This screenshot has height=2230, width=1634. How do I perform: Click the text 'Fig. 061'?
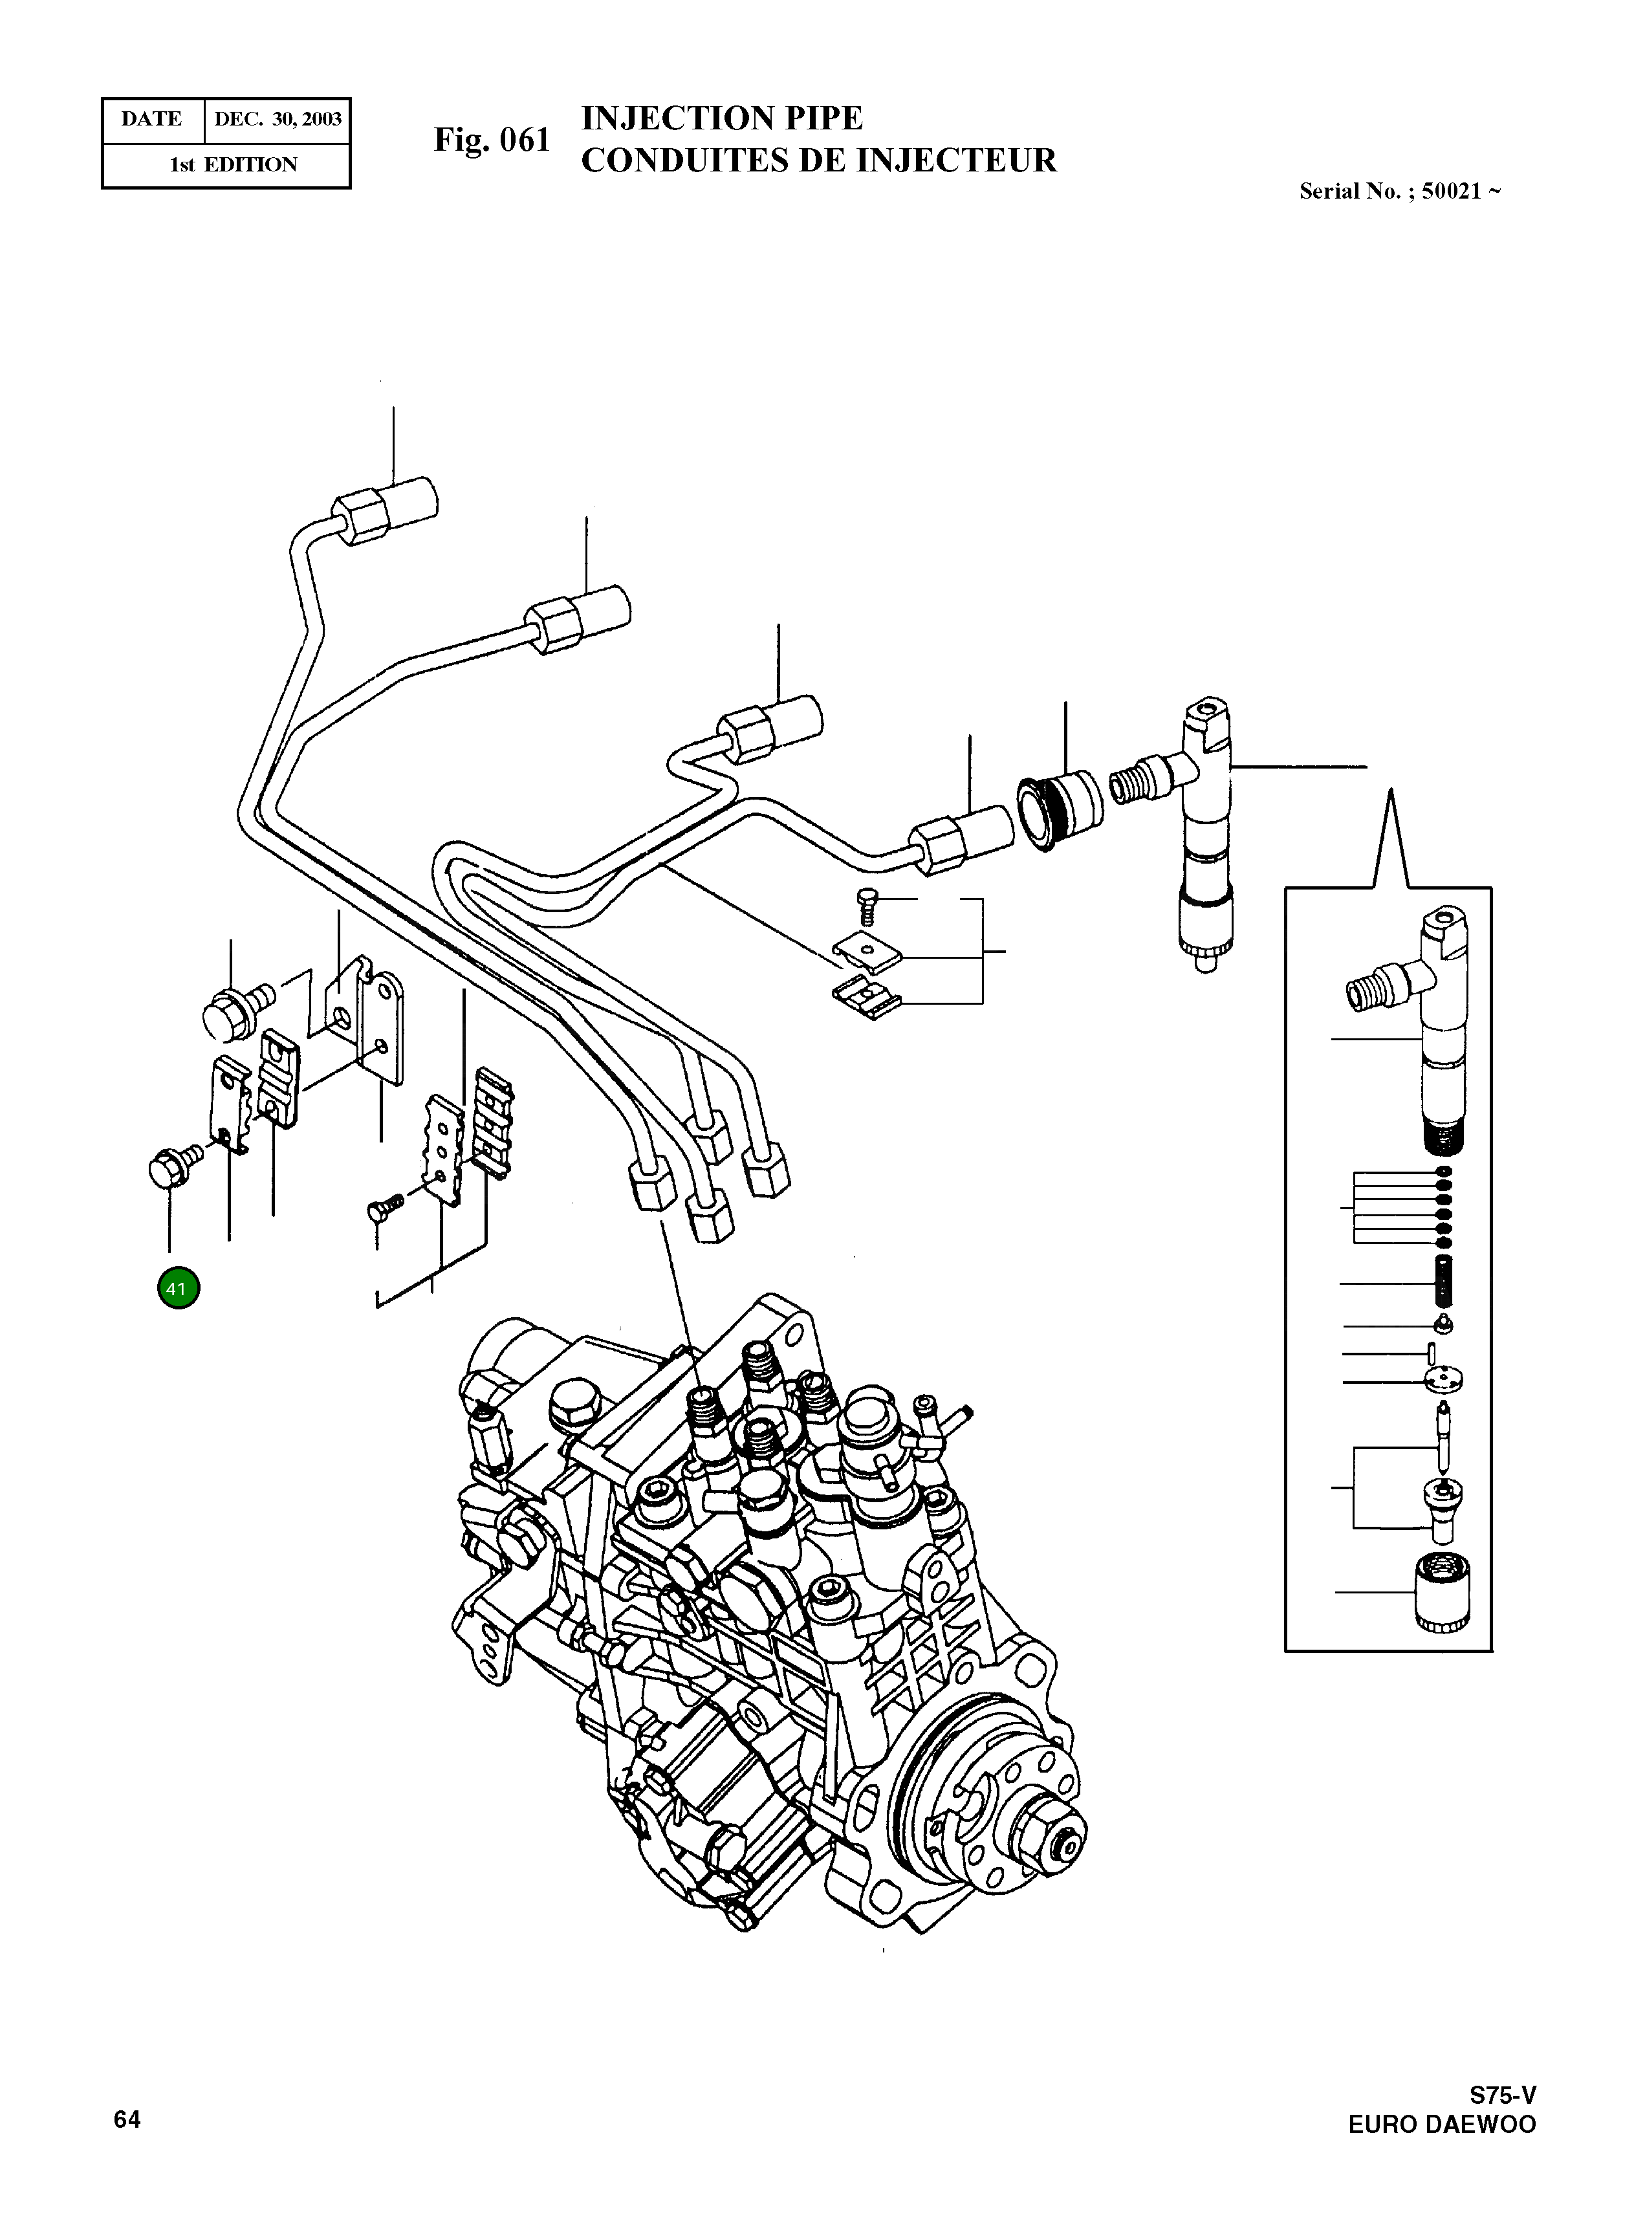pyautogui.click(x=492, y=140)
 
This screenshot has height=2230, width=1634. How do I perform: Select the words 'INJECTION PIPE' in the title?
pyautogui.click(x=721, y=118)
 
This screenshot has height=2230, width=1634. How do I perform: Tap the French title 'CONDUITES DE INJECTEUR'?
pyautogui.click(x=818, y=160)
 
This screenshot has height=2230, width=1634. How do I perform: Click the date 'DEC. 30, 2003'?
pyautogui.click(x=278, y=120)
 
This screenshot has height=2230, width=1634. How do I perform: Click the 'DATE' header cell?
pyautogui.click(x=151, y=120)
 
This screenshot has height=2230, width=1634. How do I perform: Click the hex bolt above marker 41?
pyautogui.click(x=166, y=1168)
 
